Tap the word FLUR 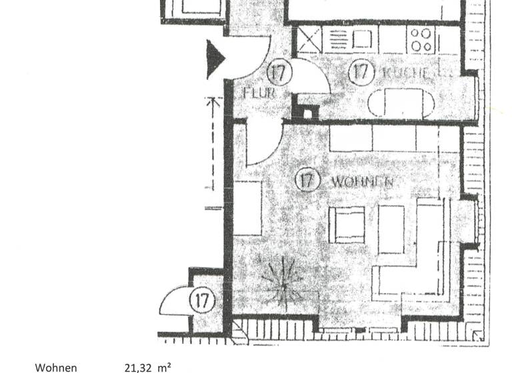click(259, 93)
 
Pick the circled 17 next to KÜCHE click(360, 72)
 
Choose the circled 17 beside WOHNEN click(306, 180)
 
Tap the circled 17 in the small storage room click(203, 300)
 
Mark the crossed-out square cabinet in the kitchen click(309, 40)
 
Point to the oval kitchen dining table click(401, 104)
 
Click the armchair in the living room click(349, 224)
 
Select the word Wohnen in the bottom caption click(56, 367)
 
